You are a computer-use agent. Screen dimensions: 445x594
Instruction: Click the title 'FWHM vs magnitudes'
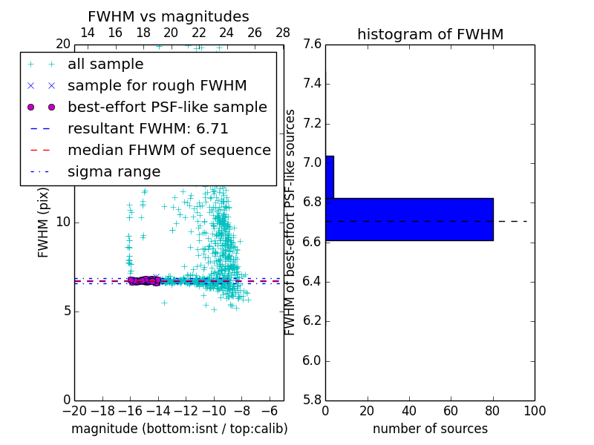tap(168, 16)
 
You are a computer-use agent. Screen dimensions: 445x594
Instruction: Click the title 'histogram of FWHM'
tap(430, 34)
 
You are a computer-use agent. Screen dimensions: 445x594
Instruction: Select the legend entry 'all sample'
tap(105, 65)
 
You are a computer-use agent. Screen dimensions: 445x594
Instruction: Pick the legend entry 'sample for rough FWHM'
tap(157, 85)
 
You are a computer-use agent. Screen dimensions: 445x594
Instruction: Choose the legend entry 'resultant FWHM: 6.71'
tap(148, 128)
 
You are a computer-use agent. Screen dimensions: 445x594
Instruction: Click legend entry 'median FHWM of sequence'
tap(169, 150)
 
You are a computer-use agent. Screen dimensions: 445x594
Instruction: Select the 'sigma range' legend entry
tap(114, 171)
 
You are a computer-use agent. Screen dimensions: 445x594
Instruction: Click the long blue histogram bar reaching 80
tap(409, 219)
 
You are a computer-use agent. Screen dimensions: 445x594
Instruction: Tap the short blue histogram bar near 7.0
tap(329, 177)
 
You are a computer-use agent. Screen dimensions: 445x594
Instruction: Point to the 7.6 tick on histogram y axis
tap(312, 44)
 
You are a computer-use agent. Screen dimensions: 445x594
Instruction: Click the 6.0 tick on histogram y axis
tap(312, 360)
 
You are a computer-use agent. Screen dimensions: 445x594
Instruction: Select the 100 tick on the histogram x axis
tap(534, 411)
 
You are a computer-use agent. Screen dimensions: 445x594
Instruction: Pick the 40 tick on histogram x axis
tap(409, 411)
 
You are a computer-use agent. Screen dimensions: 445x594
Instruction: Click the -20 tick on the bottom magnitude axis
tap(74, 411)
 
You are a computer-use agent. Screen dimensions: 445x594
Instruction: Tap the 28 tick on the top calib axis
tap(283, 33)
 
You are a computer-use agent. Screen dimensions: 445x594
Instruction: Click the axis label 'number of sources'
tap(430, 429)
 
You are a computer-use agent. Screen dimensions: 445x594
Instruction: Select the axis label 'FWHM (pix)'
tap(44, 222)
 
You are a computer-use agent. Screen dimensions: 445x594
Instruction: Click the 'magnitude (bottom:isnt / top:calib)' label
tap(179, 429)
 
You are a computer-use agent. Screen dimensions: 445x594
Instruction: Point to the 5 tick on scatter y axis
tap(66, 311)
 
